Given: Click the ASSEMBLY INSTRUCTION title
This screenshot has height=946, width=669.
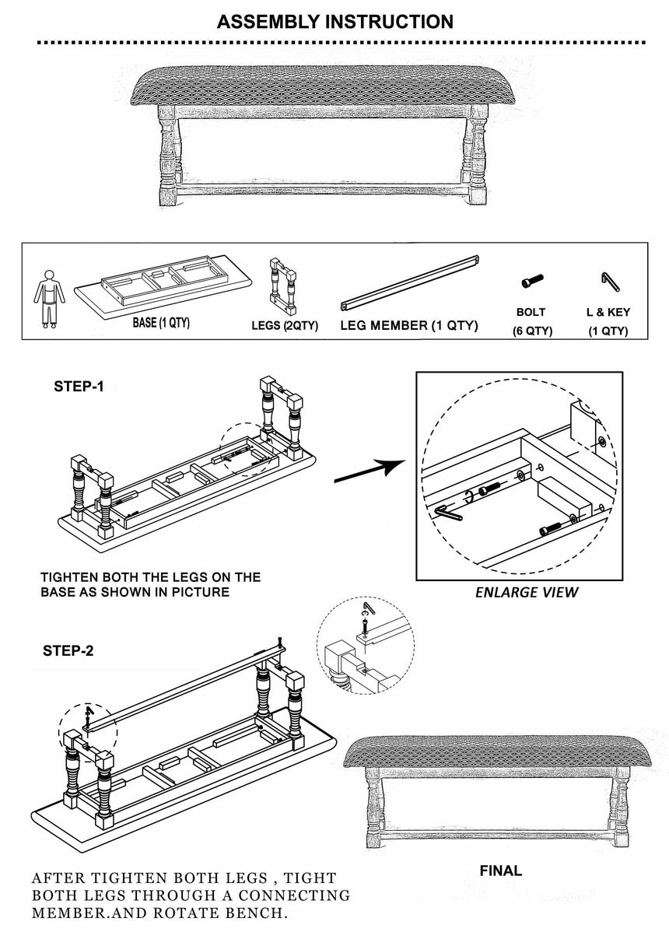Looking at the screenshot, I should tap(334, 22).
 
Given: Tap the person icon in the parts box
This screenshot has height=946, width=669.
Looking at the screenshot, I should tap(49, 298).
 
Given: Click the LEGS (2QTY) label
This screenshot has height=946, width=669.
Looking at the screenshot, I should tap(285, 326).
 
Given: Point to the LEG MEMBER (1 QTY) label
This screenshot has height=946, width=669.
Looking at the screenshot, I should tap(408, 325).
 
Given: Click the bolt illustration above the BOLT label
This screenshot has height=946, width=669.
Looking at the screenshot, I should tap(532, 281).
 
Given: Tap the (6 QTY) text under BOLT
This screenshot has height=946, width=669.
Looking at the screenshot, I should tap(532, 331).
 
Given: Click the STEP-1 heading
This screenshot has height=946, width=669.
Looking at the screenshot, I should tap(78, 387).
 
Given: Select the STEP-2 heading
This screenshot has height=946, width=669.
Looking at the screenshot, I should tap(68, 650).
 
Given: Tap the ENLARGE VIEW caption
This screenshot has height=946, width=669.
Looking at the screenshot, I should tap(527, 593).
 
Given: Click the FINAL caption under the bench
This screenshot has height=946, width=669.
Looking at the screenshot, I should tap(500, 871).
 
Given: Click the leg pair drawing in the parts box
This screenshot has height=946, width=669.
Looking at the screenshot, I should tap(284, 285).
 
